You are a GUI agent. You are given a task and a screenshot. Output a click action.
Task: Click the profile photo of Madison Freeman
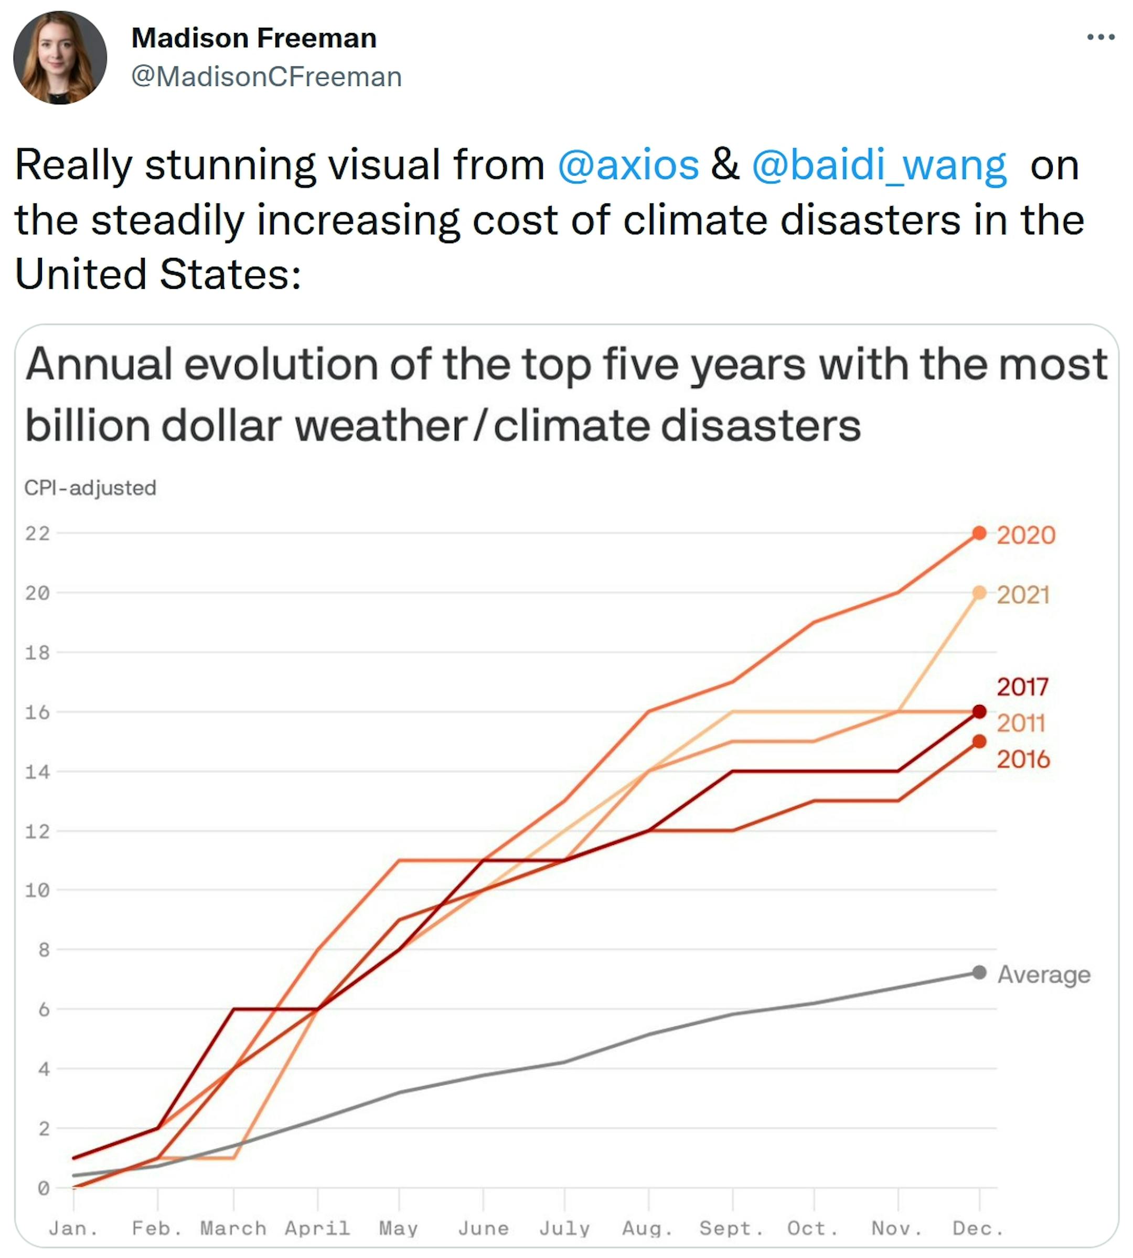[x=60, y=58]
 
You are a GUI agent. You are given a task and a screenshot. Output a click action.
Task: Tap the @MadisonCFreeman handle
[x=266, y=77]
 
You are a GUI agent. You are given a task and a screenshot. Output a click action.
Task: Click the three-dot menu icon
[x=1100, y=37]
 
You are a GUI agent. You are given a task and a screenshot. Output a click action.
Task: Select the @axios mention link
[x=628, y=166]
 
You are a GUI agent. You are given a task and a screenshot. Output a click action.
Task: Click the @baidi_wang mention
[x=879, y=166]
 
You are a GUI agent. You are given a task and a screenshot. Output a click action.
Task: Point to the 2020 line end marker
[x=979, y=533]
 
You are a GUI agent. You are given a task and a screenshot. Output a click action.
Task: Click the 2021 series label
[x=1023, y=595]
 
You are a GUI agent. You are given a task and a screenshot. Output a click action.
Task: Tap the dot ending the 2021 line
[x=979, y=592]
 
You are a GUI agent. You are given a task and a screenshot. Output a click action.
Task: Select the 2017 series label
[x=1022, y=687]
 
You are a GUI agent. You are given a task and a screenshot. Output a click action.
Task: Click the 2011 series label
[x=1021, y=723]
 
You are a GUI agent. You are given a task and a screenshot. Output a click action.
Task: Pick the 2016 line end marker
[x=979, y=741]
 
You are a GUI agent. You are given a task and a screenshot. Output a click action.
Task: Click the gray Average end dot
[x=979, y=972]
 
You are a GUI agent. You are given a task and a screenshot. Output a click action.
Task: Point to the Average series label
[x=1044, y=974]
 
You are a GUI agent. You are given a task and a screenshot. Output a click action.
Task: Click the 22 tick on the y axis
[x=37, y=533]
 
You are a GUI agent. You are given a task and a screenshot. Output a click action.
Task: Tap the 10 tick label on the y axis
[x=37, y=891]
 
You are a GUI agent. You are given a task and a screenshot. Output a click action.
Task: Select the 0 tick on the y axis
[x=43, y=1188]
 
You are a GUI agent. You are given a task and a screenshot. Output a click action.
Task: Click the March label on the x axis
[x=233, y=1228]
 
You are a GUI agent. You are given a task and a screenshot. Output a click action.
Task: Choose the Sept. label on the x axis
[x=732, y=1228]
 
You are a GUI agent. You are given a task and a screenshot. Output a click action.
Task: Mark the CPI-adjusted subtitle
[x=90, y=488]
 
